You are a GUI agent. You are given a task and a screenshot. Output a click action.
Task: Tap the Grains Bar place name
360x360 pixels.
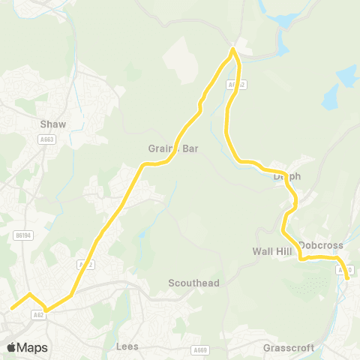(173, 148)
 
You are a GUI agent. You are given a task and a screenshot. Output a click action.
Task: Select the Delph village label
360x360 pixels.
(286, 176)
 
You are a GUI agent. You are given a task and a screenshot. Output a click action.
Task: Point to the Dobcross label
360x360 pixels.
(320, 244)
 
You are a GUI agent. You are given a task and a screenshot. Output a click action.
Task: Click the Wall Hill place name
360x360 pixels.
(271, 251)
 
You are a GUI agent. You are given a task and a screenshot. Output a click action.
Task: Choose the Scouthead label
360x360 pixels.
(193, 283)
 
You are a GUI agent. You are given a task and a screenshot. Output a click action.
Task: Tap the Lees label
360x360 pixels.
(128, 346)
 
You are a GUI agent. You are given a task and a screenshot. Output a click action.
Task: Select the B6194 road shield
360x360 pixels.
(23, 235)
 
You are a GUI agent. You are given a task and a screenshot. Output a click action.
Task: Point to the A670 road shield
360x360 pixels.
(345, 269)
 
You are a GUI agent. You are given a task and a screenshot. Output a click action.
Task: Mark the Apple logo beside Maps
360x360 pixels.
(11, 347)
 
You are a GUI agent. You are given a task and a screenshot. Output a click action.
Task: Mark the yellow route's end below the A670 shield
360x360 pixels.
(347, 279)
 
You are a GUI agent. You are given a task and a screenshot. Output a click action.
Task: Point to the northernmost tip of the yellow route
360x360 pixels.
(233, 49)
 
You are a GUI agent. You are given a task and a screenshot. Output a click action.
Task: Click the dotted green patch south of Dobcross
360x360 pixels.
(315, 283)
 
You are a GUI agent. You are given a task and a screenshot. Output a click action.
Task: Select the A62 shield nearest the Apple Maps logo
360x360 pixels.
(37, 316)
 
